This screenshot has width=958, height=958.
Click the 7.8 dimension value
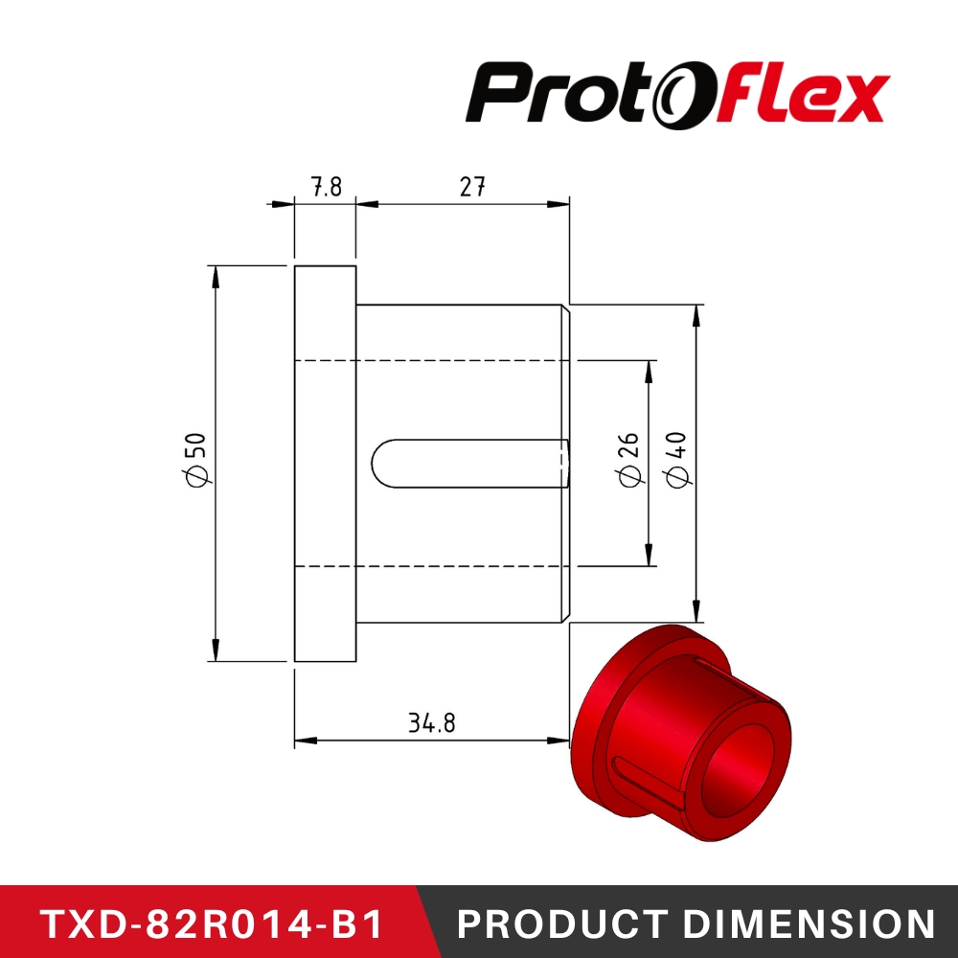click(327, 186)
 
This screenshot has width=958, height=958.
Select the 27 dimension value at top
click(471, 186)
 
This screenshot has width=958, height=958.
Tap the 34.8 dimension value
click(431, 723)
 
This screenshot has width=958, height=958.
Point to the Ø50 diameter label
click(194, 459)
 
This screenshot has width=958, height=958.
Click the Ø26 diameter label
click(628, 459)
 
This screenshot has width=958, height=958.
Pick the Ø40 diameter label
click(675, 459)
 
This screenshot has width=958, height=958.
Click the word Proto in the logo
click(553, 94)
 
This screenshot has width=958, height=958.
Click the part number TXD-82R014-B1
click(212, 924)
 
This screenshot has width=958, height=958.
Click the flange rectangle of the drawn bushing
click(325, 464)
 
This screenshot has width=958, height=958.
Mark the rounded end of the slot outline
click(377, 464)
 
